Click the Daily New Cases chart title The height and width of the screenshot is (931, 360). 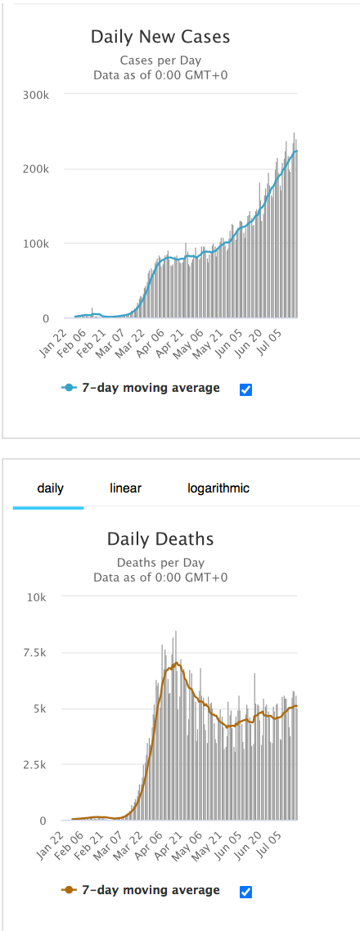(160, 38)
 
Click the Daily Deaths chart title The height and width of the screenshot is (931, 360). (160, 539)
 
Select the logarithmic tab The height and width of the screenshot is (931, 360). (218, 488)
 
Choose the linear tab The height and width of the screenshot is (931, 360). (125, 488)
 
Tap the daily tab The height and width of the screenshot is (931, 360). (51, 488)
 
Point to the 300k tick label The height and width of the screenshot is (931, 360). (35, 94)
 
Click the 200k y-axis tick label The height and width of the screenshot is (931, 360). (35, 169)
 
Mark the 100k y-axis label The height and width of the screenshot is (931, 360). (35, 244)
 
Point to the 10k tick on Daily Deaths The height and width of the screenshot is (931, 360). (38, 596)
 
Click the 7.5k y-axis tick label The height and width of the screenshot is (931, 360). (36, 653)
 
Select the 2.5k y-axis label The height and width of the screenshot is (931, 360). (36, 765)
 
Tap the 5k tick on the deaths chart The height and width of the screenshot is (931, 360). (41, 709)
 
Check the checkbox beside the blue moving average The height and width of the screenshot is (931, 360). (245, 389)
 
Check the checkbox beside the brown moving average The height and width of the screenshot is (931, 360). (245, 891)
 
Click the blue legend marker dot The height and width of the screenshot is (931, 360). (70, 389)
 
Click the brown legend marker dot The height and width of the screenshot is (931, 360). (70, 890)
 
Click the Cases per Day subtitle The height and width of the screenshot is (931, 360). (160, 61)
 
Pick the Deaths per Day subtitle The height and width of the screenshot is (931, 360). (160, 562)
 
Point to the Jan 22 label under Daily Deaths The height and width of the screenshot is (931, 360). (52, 837)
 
